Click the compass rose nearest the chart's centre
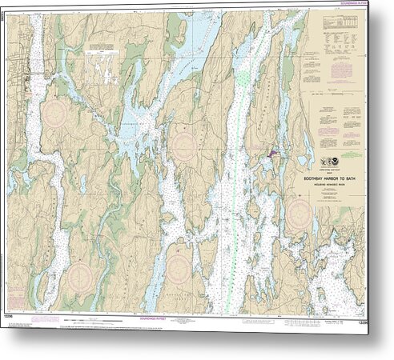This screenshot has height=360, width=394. click(185, 147)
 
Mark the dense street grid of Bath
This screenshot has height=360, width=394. click(33, 80)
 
